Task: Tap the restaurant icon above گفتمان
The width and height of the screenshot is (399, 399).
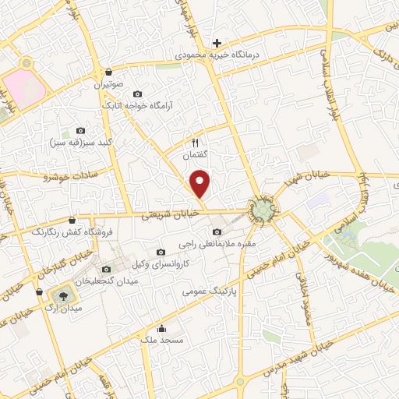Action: point(196,143)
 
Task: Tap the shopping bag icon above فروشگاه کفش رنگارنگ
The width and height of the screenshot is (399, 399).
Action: point(72,220)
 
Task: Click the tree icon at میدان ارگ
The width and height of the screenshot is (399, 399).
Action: point(61,295)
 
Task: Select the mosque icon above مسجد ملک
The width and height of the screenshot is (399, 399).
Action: point(161,328)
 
